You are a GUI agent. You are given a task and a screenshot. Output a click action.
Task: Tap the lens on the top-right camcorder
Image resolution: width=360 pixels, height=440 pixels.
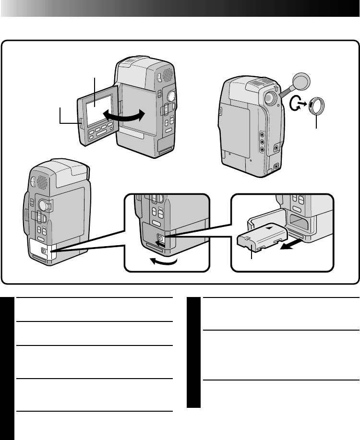click(270, 98)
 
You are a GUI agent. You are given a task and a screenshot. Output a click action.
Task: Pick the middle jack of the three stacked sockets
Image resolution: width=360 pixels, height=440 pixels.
click(262, 142)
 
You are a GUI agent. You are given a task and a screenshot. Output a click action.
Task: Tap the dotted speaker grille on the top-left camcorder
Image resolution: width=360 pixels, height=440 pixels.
click(165, 73)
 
